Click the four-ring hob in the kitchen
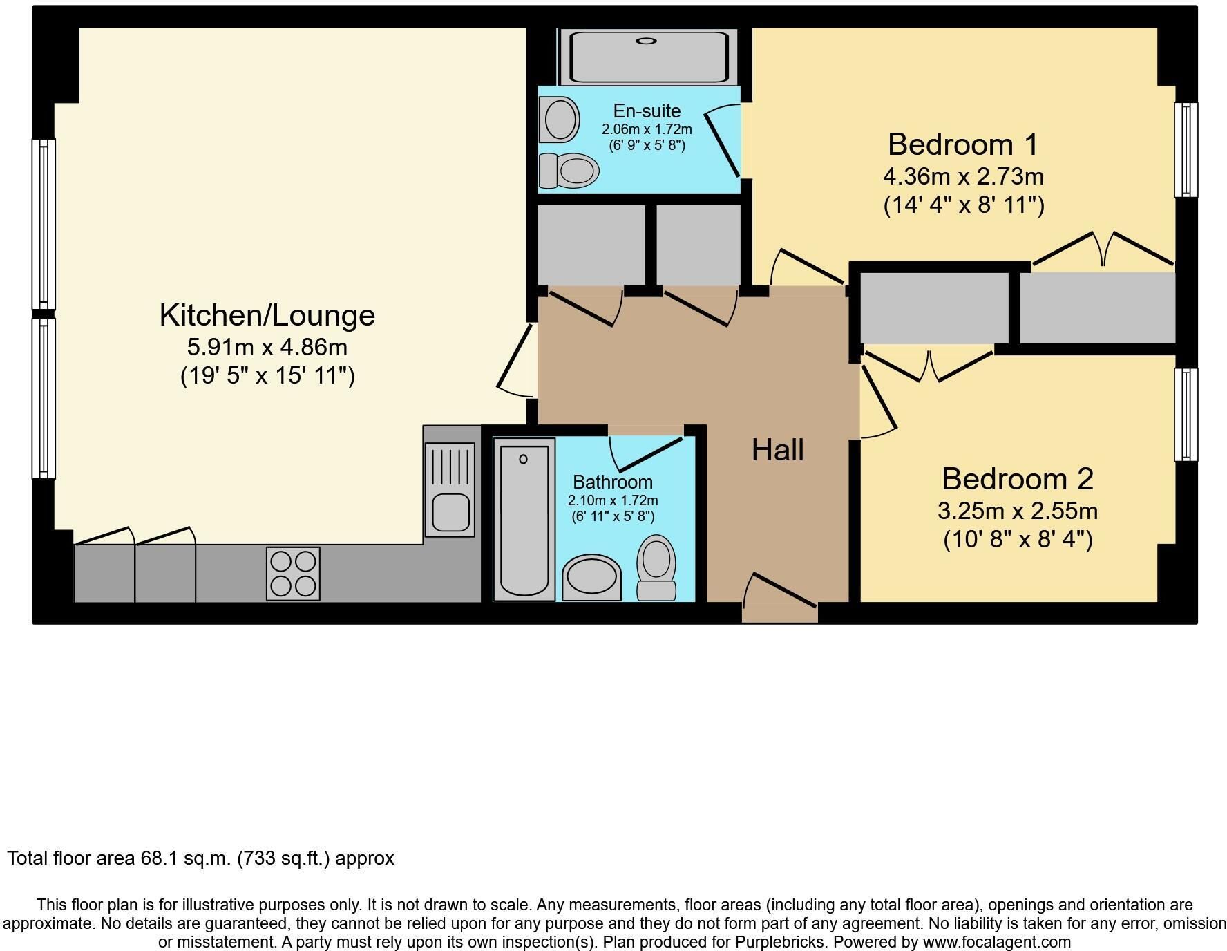(293, 574)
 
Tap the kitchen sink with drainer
(450, 489)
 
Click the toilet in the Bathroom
(656, 568)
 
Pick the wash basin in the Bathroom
(592, 576)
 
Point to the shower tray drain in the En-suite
(646, 41)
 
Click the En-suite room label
(647, 111)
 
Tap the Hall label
(778, 450)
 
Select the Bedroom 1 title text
(963, 144)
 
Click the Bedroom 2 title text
(1018, 479)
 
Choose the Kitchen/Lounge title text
(267, 315)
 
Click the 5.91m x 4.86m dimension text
(267, 347)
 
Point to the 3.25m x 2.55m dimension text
(1018, 511)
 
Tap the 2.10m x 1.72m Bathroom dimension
(613, 500)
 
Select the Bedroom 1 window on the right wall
(1186, 150)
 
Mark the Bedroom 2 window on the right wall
(1186, 415)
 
